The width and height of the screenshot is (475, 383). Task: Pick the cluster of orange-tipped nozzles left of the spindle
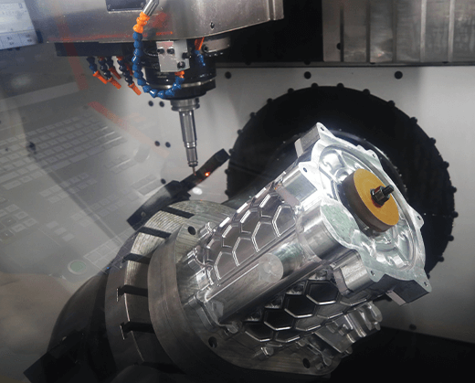110,71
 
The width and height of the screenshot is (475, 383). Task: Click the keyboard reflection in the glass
55,183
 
